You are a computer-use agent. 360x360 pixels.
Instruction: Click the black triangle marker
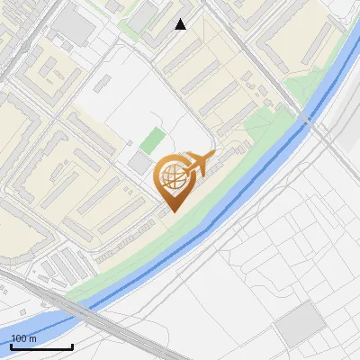(x=181, y=24)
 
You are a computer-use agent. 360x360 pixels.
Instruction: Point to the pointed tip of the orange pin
(x=171, y=211)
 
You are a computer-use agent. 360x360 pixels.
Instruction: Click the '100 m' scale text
(x=23, y=338)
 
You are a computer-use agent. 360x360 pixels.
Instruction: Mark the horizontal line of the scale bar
(x=41, y=346)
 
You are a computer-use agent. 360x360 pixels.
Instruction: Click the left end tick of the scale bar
(x=11, y=345)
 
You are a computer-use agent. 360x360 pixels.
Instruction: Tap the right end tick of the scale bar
(x=72, y=345)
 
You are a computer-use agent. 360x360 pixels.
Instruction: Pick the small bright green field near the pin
(x=153, y=140)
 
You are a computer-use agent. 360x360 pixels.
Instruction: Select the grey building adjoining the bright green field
(x=138, y=163)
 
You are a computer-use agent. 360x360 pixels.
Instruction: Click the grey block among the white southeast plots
(x=299, y=324)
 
